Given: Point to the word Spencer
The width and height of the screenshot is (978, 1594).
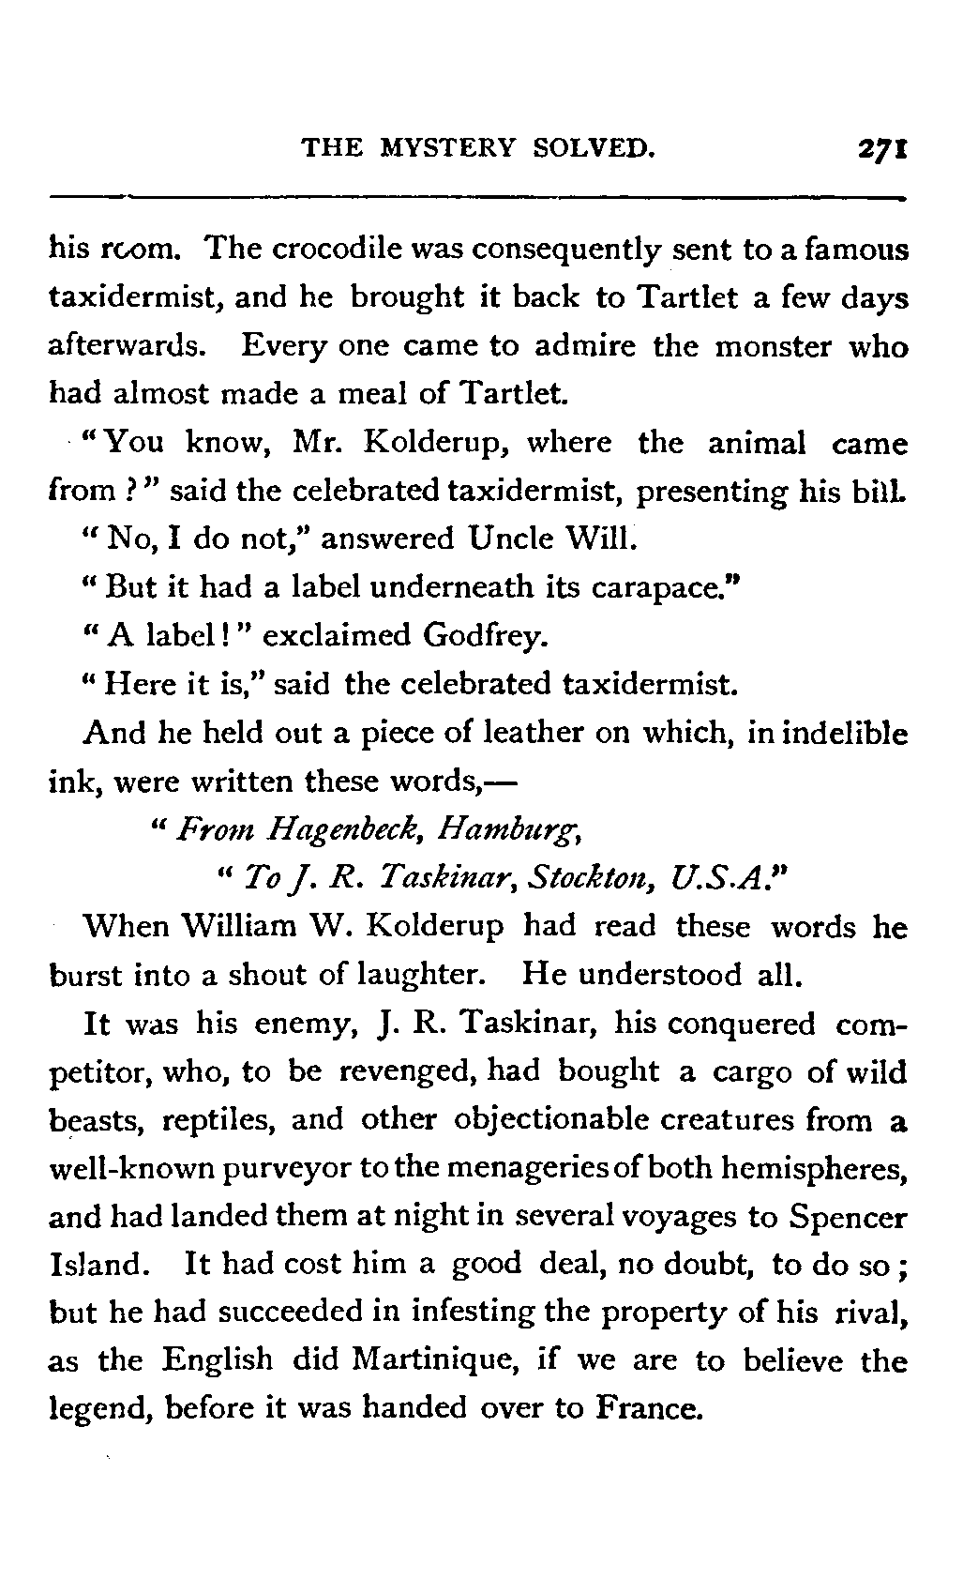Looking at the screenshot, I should [848, 1218].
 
